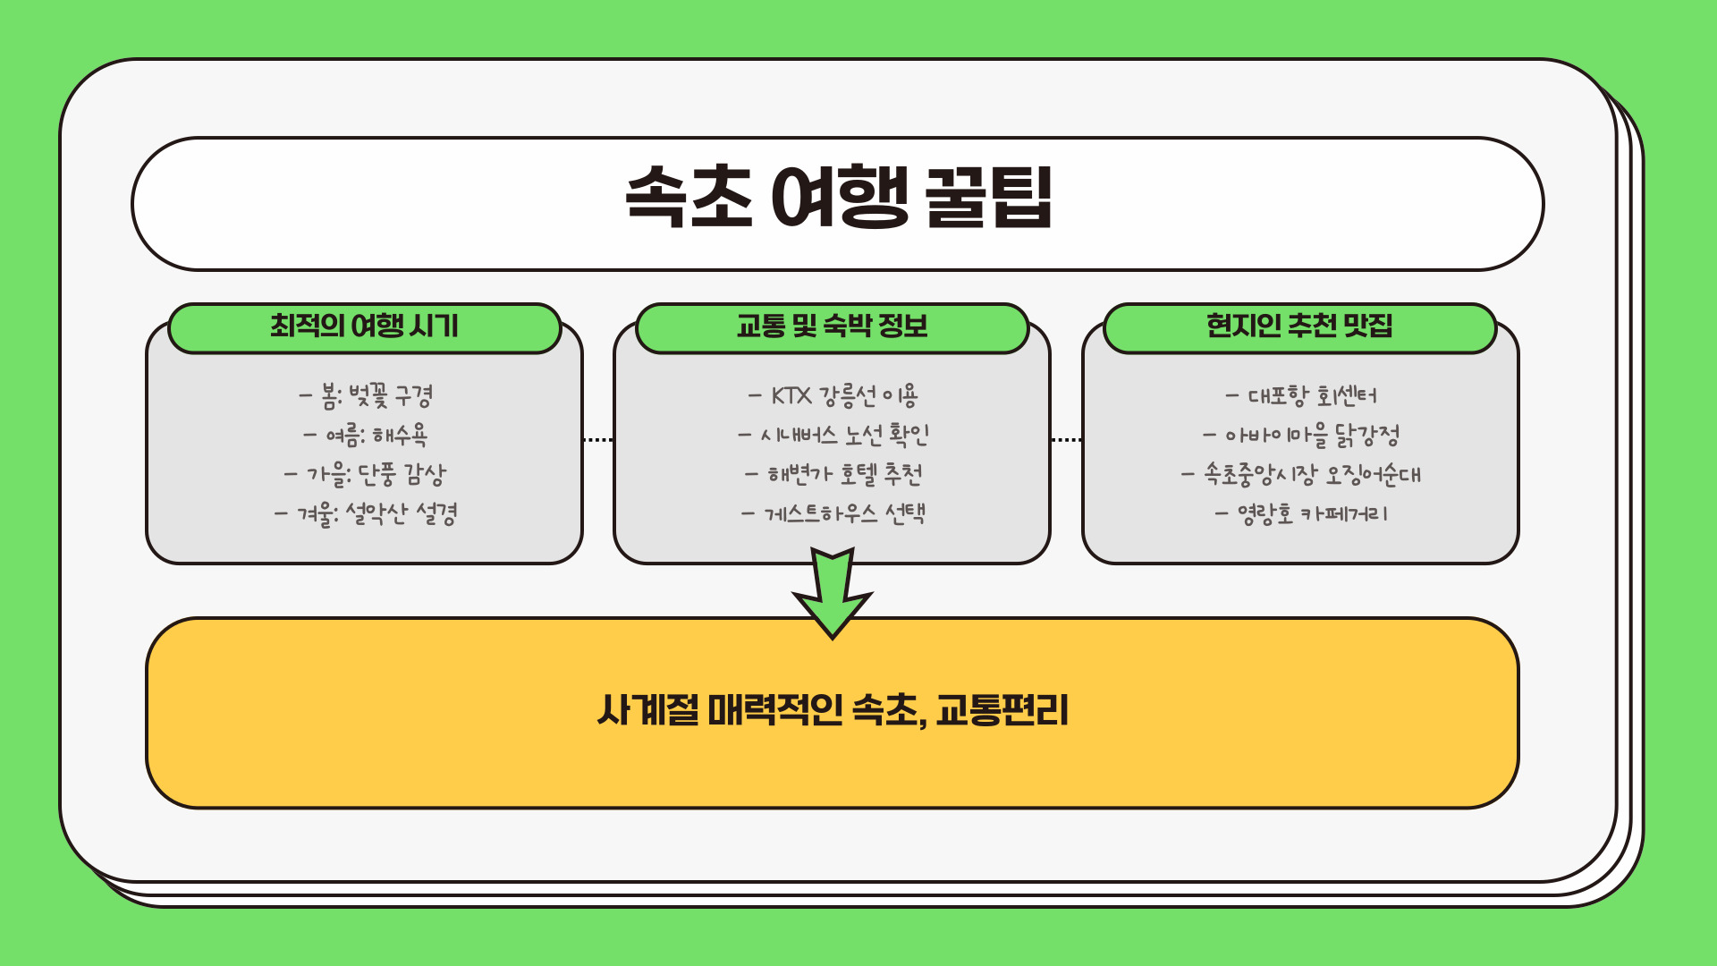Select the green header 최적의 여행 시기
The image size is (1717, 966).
point(364,326)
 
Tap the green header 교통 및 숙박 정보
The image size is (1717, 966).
point(832,326)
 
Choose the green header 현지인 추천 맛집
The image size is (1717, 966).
point(1299,326)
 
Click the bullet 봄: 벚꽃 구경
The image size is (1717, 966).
point(367,395)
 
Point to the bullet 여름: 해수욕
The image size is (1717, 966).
point(366,436)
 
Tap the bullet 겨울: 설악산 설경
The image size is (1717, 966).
point(366,514)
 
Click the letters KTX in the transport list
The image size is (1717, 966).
point(791,395)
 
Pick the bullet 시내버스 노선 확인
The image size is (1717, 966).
point(833,436)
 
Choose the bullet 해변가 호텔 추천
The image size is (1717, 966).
point(833,474)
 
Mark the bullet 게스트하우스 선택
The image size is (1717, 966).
point(833,514)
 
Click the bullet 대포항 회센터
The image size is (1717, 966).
point(1301,395)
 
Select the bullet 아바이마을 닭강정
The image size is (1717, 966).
point(1301,436)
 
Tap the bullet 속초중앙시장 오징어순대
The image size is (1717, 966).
point(1301,474)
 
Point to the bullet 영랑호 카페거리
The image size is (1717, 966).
point(1301,514)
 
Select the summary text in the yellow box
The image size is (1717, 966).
point(833,711)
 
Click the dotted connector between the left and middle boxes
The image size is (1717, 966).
point(598,440)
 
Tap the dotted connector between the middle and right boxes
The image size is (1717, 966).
point(1066,440)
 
